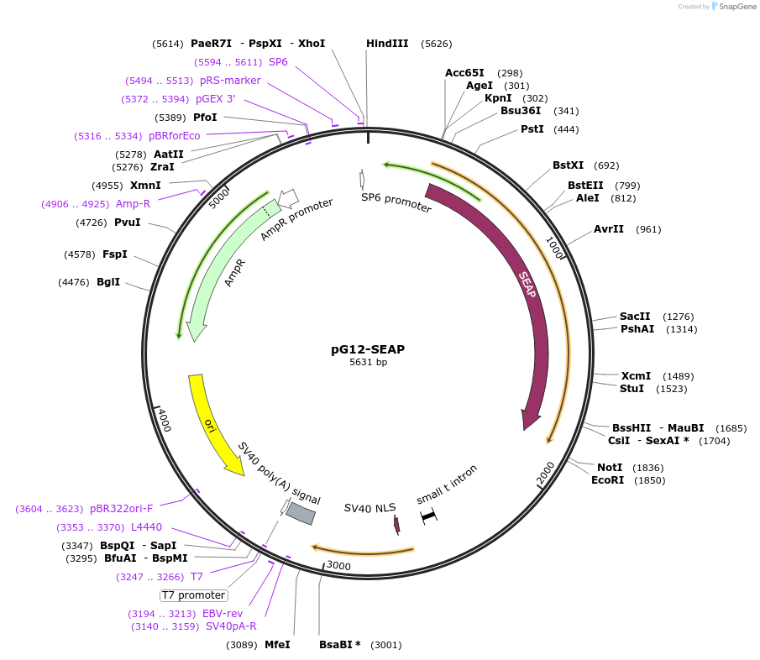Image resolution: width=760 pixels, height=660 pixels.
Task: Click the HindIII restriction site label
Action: [x=387, y=44]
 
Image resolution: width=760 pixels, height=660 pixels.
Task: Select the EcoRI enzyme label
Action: [x=609, y=480]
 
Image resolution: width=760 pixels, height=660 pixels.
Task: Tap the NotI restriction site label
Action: [x=611, y=467]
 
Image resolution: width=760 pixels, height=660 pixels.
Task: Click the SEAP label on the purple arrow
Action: [x=527, y=285]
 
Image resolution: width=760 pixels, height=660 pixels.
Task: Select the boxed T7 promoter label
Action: [x=194, y=595]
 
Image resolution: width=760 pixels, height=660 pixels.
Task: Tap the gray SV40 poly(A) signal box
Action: [x=300, y=513]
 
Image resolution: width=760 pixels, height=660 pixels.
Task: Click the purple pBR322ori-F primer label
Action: [x=121, y=509]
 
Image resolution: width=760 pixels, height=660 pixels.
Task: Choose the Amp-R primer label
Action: [x=133, y=203]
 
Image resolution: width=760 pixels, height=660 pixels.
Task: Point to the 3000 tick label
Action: [x=339, y=565]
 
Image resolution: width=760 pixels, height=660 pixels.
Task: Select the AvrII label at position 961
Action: [x=609, y=229]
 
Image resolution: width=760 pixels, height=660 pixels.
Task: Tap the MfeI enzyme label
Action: [x=277, y=645]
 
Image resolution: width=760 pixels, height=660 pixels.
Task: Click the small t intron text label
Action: [x=447, y=485]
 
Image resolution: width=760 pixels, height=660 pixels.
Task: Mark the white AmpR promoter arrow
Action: [x=288, y=198]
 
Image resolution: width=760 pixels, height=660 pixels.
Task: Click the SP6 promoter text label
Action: [x=396, y=202]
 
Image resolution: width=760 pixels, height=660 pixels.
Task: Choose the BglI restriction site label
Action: [x=108, y=282]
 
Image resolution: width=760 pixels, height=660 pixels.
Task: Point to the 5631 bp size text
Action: [x=368, y=363]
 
